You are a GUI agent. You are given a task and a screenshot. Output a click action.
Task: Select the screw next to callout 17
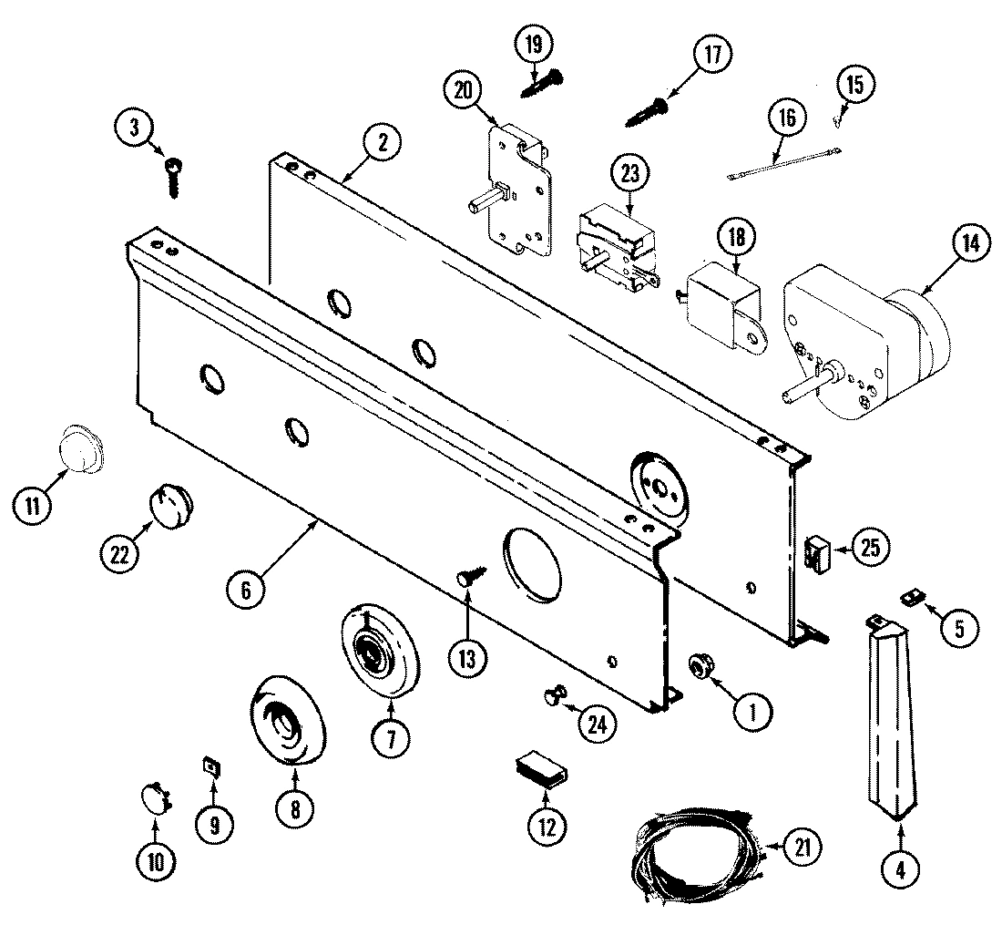tap(647, 112)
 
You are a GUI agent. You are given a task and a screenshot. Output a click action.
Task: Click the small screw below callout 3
tap(173, 175)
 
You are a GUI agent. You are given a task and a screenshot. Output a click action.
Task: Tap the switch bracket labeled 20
tap(515, 187)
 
